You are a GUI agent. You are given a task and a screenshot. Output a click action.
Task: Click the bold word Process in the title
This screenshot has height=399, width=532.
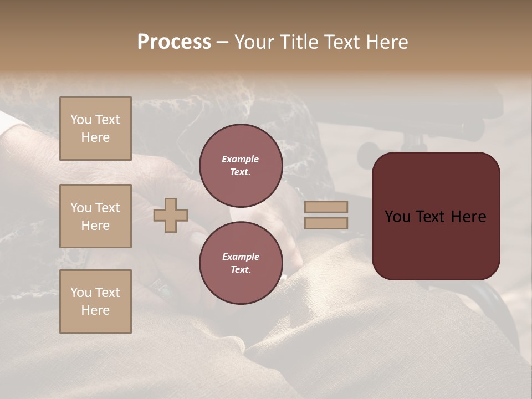point(174,42)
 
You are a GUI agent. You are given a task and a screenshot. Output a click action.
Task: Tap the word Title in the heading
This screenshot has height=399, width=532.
point(298,42)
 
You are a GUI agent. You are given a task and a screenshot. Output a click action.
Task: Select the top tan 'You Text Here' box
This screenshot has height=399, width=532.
point(95,129)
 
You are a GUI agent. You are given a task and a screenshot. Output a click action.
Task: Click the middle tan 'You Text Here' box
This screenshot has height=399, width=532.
point(95,216)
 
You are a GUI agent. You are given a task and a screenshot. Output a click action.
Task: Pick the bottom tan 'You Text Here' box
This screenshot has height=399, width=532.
point(95,301)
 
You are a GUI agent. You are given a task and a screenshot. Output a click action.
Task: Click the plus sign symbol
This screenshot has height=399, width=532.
point(170,216)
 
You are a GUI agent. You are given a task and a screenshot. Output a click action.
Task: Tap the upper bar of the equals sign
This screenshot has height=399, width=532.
point(326,207)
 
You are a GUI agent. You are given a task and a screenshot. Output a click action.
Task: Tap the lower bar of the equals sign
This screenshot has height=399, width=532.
point(326,223)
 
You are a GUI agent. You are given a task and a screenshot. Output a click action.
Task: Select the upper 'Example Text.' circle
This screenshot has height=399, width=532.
point(241,166)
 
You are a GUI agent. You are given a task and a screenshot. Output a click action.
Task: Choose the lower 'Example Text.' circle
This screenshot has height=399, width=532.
point(241,263)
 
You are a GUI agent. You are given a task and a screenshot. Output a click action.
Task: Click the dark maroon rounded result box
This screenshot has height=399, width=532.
point(436,216)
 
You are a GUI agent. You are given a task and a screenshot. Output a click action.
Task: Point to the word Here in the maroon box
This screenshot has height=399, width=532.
point(468,217)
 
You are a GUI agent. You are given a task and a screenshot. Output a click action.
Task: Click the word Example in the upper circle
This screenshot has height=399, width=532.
point(241,159)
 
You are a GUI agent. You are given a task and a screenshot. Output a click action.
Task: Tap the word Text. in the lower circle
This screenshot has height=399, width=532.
point(241,270)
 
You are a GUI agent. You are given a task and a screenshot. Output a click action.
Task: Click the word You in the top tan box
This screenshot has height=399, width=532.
point(81,120)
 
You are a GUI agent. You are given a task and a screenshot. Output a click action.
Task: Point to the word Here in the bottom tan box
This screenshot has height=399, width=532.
point(95,310)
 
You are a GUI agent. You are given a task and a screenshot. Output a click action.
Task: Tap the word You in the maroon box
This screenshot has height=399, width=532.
point(397,217)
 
